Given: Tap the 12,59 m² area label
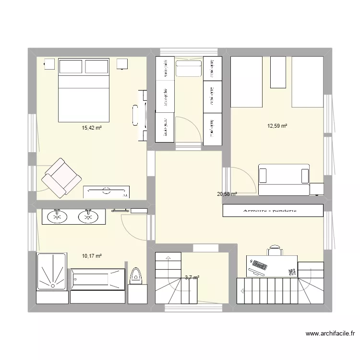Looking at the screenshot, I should click(x=277, y=126).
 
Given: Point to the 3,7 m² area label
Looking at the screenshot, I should click(x=192, y=277).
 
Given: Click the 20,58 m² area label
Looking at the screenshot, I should click(x=227, y=194).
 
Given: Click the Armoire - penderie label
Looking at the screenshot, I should click(x=273, y=210).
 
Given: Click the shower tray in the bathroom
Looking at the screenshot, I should click(x=51, y=278).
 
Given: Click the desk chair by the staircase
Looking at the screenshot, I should click(x=275, y=250).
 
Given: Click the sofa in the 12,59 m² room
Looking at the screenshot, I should click(x=284, y=180).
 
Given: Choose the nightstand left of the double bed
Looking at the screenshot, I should click(x=49, y=63).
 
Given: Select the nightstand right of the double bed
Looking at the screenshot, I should click(x=121, y=64).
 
